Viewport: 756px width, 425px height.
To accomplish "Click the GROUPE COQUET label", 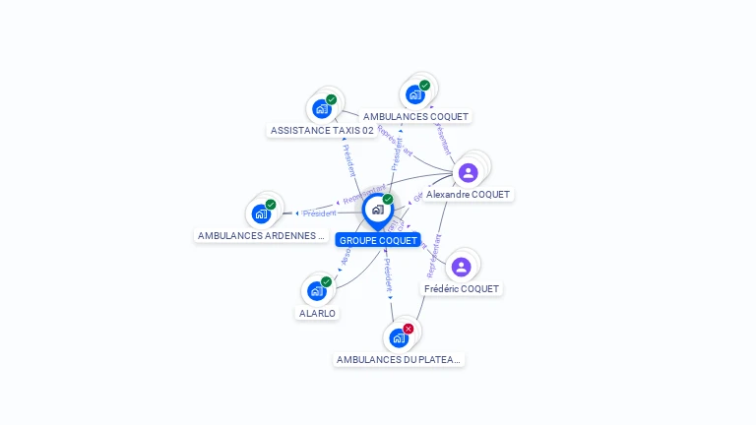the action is pos(378,240).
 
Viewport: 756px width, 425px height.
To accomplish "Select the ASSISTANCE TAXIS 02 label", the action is pos(322,130).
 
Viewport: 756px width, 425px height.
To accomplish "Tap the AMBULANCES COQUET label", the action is pos(415,116).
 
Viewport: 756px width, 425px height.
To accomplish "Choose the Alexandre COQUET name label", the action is pos(468,195).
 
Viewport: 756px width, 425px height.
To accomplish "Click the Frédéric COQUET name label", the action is pos(462,289).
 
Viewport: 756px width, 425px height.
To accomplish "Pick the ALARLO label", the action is pos(317,313).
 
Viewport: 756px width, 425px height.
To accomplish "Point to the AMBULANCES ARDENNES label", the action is pos(261,236).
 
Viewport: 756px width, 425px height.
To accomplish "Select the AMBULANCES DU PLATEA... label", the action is pos(398,360).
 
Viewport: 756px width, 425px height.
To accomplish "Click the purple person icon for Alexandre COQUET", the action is pos(469,173).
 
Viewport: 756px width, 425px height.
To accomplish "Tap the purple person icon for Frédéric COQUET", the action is pos(461,267).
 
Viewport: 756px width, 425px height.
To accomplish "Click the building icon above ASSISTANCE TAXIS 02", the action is pos(321,108).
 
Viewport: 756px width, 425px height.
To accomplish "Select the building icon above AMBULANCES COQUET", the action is pos(414,94).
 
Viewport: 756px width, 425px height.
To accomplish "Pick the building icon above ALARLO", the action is pos(316,291).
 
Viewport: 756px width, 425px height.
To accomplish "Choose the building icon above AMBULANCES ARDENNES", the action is pos(260,213).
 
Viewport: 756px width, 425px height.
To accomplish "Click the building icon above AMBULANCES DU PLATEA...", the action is pos(399,338).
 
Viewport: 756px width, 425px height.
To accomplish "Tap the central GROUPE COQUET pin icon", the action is pos(377,210).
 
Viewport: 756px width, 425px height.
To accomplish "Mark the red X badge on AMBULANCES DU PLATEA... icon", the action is pos(409,329).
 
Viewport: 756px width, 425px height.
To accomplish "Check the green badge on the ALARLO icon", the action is pos(326,281).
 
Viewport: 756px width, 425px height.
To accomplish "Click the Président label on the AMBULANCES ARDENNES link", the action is pos(320,213).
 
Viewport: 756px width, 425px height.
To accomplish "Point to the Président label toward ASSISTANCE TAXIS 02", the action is pos(348,158).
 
